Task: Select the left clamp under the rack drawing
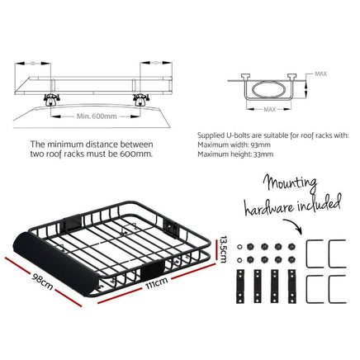click(x=51, y=99)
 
